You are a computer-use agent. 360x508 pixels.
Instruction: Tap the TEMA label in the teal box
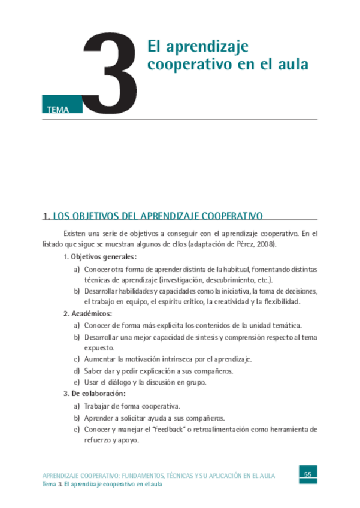coord(56,109)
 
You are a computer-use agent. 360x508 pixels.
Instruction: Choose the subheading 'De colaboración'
coord(98,394)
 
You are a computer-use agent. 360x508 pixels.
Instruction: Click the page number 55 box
coord(308,474)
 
